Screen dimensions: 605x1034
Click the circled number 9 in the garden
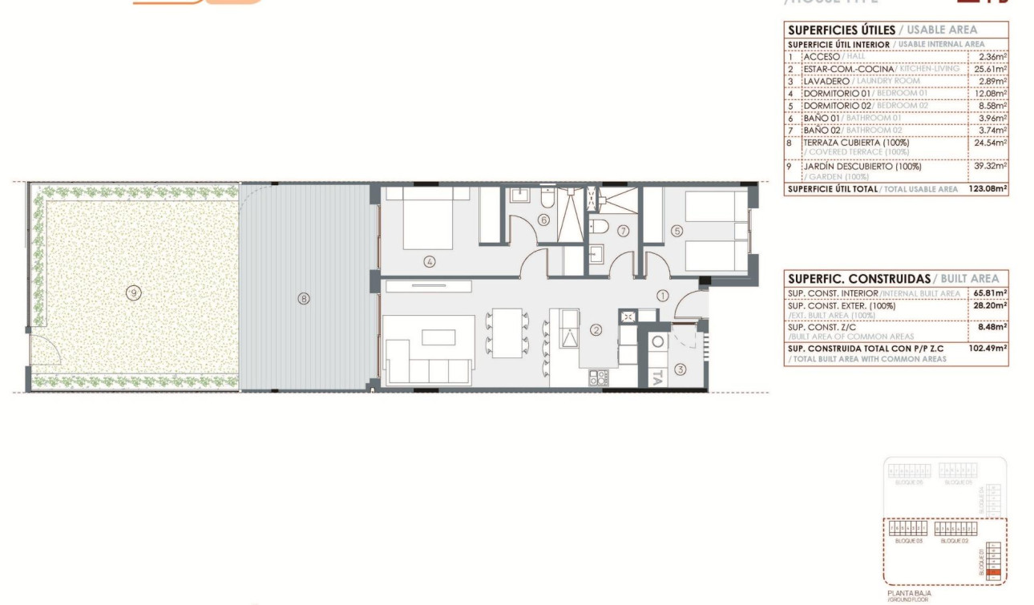click(x=133, y=293)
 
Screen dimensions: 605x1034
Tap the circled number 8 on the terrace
click(x=303, y=299)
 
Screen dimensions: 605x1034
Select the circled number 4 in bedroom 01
click(x=430, y=261)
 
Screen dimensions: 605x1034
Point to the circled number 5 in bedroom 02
click(x=677, y=232)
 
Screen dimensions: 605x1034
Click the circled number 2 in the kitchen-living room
click(x=596, y=329)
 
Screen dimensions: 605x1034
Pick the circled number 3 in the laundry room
click(x=680, y=369)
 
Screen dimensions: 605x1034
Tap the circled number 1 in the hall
click(x=662, y=295)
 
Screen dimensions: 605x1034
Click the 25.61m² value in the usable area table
click(x=990, y=69)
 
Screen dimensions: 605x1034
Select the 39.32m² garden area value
click(x=990, y=167)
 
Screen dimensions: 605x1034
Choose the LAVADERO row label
click(x=826, y=81)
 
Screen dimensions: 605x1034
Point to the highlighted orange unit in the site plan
click(x=994, y=573)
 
